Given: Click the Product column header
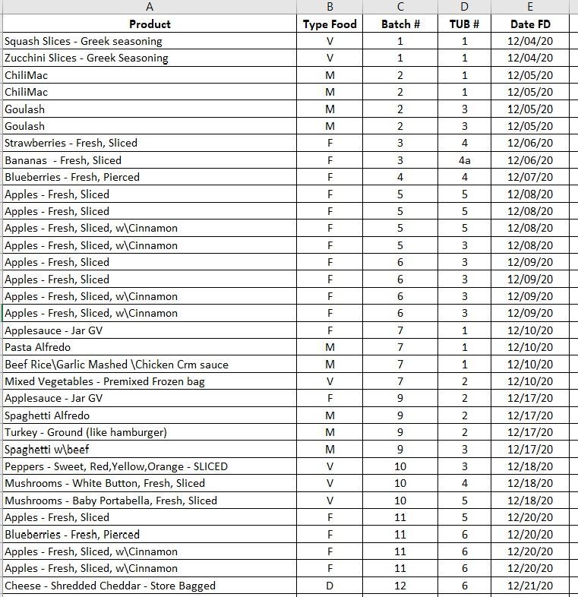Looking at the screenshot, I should coord(150,24).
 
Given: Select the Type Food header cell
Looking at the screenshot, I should coord(330,24).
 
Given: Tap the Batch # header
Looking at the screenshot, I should coord(400,24).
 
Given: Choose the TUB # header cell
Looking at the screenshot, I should coord(464,24).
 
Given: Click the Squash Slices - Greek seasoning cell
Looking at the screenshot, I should coord(84,41).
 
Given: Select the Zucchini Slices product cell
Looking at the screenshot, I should coord(87,58).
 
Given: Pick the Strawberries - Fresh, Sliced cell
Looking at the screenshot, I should coord(71,143).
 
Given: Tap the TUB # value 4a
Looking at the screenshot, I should coord(464,160).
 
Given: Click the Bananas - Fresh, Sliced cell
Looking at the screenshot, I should coord(63,160).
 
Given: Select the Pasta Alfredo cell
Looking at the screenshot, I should coord(38,347).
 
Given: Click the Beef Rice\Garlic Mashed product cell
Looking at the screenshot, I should coord(116,365).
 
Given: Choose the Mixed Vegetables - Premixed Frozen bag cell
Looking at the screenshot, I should coord(105,381).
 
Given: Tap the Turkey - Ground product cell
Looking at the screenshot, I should coord(86,432).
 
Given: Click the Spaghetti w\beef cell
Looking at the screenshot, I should coord(47,450).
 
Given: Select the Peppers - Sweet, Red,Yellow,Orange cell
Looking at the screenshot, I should coord(116,466).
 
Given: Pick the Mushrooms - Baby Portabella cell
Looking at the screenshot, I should coord(111,501).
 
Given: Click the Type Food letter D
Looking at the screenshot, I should coord(330,586).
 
